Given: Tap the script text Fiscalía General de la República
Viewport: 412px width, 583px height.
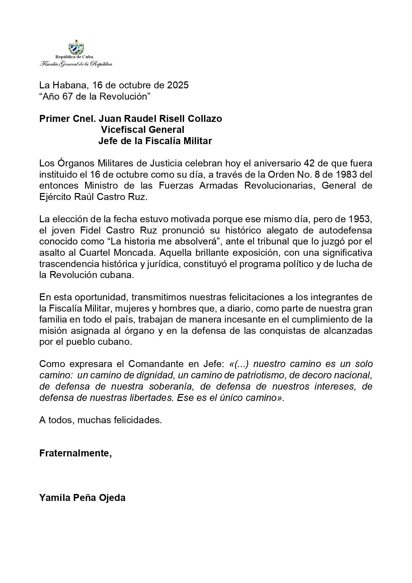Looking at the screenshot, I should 76,64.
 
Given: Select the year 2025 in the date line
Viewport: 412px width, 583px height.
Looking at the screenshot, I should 178,85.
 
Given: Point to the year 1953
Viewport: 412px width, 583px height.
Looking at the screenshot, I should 360,219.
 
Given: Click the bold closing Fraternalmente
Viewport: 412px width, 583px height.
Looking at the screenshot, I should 75,453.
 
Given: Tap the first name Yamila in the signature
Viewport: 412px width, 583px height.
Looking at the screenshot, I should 53,498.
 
